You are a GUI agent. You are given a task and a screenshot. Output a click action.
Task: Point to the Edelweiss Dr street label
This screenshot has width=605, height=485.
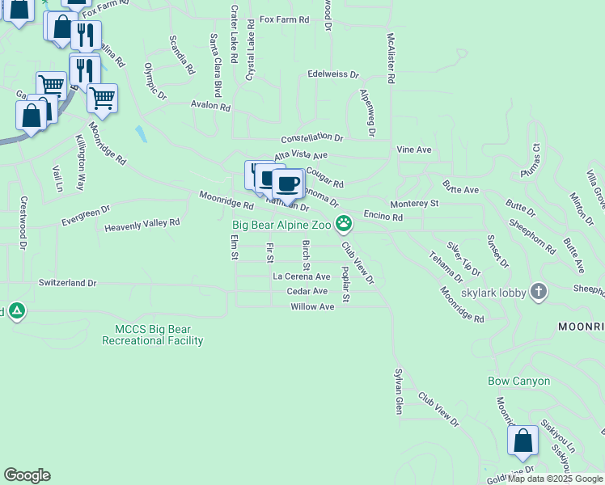tap(332, 74)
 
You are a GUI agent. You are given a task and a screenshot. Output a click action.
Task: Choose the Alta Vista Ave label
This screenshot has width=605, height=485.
tap(300, 155)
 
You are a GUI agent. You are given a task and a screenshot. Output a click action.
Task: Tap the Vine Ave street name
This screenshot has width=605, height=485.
tap(413, 150)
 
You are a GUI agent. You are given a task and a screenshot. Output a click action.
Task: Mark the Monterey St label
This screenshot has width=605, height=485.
tap(413, 204)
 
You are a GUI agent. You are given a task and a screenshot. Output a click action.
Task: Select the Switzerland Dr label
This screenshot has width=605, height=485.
tap(67, 283)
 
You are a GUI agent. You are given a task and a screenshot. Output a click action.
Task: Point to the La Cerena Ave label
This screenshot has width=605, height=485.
tap(301, 276)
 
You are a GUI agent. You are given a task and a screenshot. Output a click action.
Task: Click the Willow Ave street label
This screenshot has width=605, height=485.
tap(312, 307)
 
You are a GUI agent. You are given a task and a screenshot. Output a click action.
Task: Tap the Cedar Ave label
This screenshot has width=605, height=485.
tap(307, 291)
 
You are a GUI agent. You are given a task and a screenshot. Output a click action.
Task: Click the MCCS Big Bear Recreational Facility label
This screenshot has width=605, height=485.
tap(152, 335)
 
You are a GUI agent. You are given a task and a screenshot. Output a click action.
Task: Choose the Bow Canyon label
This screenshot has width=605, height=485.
tap(518, 381)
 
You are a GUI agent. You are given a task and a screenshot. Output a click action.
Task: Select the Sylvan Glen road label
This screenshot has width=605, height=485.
tap(398, 388)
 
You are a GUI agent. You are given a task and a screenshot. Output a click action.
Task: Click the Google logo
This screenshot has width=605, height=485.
tap(27, 475)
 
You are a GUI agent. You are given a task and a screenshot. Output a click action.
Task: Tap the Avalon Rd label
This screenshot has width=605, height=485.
tap(210, 107)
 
